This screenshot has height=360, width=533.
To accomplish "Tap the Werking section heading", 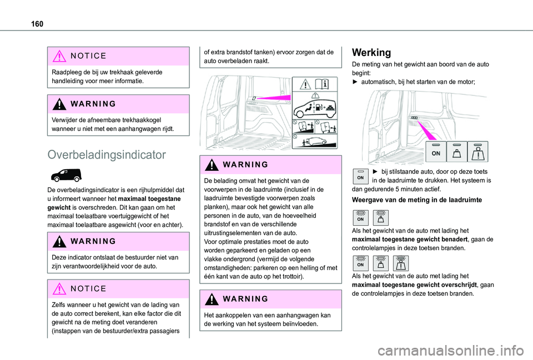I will [371, 53].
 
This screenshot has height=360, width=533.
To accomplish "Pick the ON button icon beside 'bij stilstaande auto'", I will [359, 176].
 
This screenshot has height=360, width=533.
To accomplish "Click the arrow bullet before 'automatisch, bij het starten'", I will [355, 82].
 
